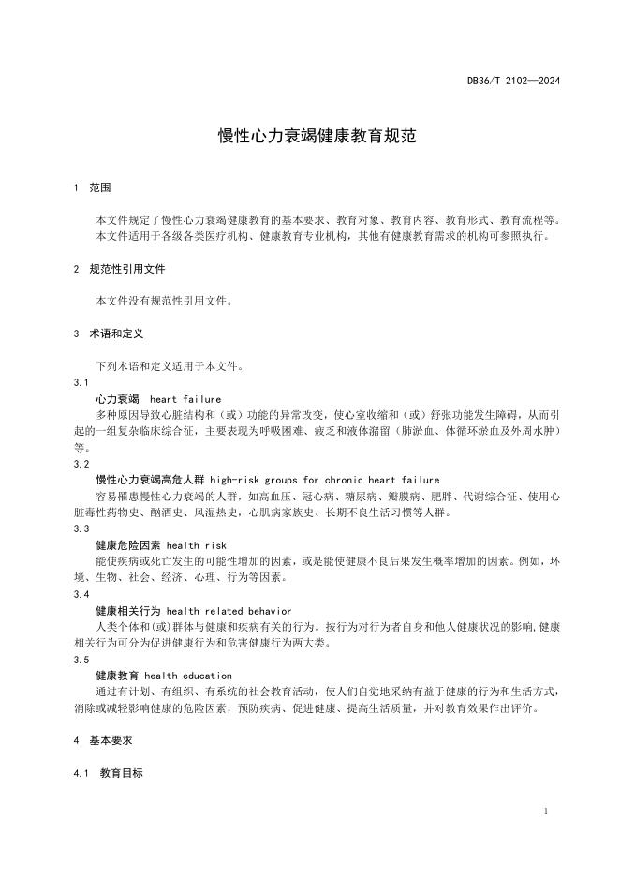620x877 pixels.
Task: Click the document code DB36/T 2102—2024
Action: pos(514,81)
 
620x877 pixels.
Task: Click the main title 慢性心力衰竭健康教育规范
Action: pos(317,136)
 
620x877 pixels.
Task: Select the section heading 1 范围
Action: pos(92,187)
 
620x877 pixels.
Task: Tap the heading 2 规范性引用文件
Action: pos(119,269)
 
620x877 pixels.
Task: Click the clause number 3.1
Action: pos(81,383)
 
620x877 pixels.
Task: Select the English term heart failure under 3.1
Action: pos(185,398)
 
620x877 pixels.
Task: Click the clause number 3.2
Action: pos(81,464)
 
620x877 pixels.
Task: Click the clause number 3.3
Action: pos(81,528)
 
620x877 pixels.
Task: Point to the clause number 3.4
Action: pos(81,594)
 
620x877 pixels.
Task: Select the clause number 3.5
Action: pos(81,660)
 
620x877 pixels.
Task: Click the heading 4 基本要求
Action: pos(103,740)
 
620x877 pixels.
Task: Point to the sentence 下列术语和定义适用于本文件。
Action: pos(170,366)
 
